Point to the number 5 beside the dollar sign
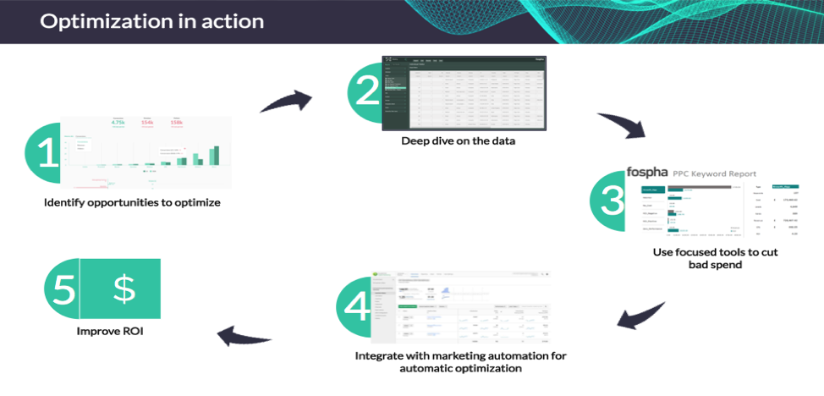(x=64, y=289)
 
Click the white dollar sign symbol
(x=124, y=289)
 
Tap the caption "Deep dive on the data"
(x=458, y=141)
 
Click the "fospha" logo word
(x=648, y=173)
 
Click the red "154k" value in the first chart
(x=146, y=123)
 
